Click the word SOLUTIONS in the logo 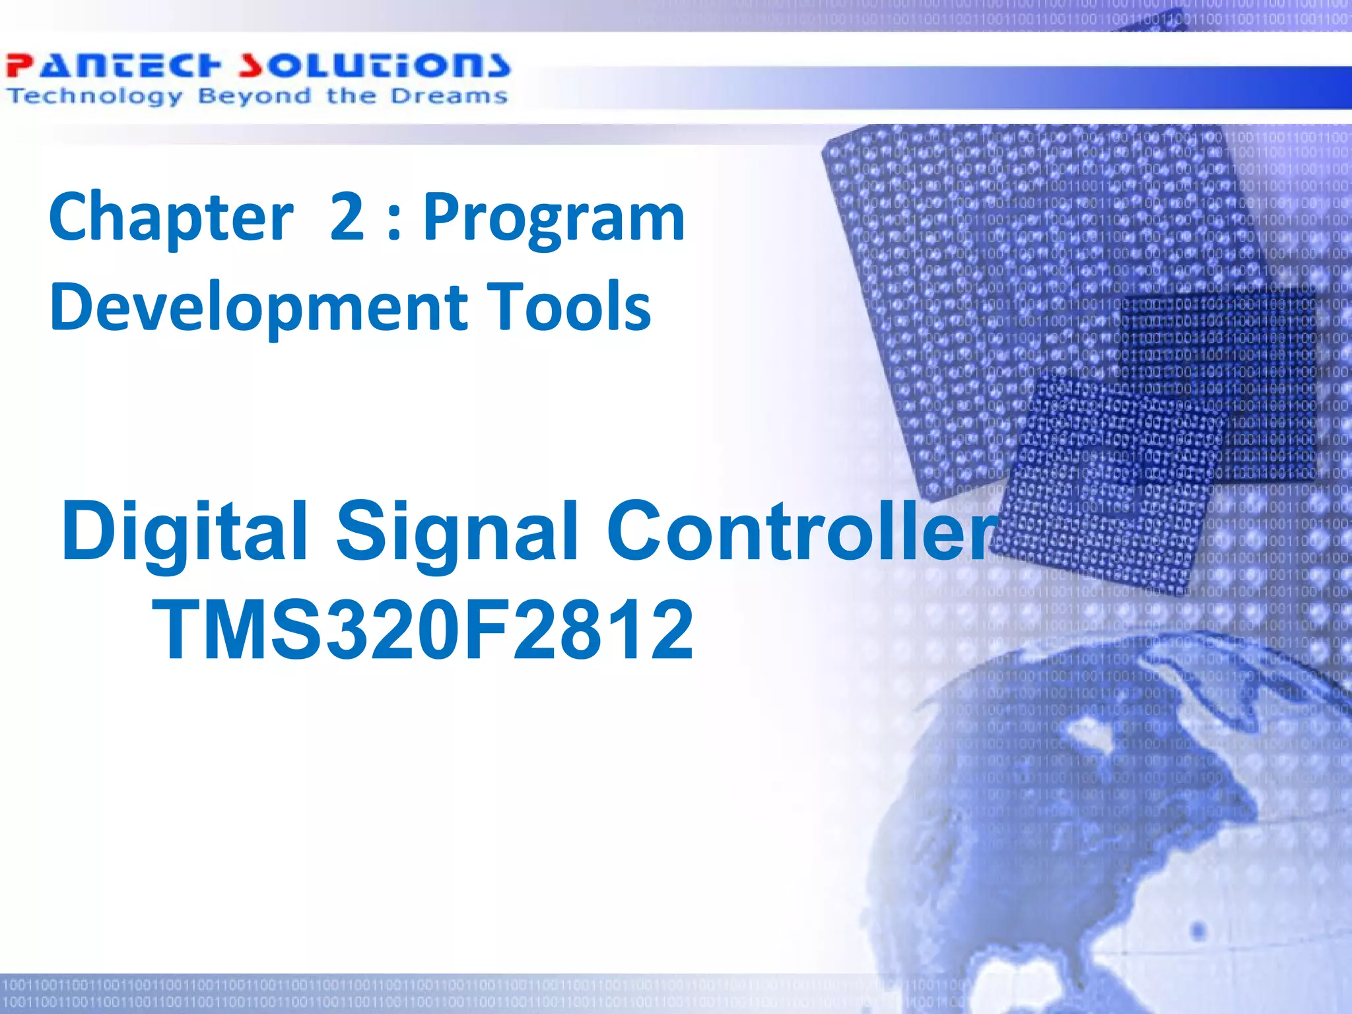374,66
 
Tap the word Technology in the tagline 94,96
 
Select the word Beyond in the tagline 254,96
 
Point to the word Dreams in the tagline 448,96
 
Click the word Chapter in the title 171,218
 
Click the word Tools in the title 568,306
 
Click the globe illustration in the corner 1122,825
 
